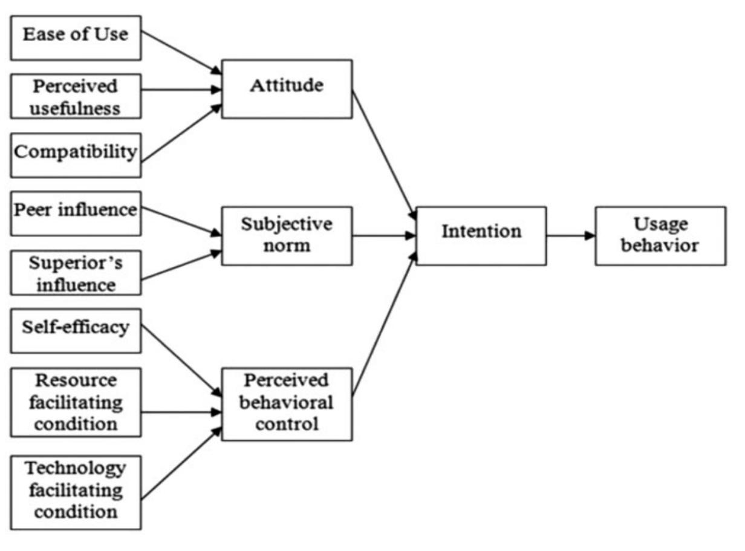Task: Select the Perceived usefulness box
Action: (76, 96)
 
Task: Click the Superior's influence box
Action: (76, 272)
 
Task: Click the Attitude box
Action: (287, 88)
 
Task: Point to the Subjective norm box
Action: (287, 236)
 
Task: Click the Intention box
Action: (481, 236)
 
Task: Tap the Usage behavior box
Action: (660, 236)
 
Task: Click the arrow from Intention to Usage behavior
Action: (570, 236)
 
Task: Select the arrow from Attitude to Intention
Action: (384, 154)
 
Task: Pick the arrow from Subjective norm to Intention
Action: (383, 236)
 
